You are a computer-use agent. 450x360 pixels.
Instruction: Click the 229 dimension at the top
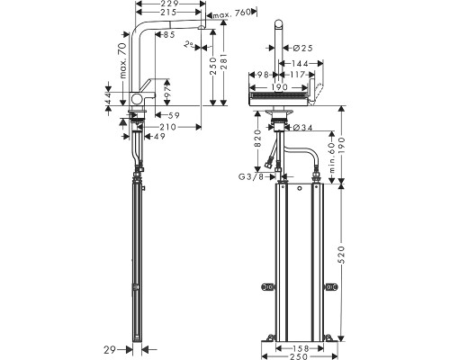tap(169, 4)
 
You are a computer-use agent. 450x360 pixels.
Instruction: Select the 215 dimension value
tap(168, 13)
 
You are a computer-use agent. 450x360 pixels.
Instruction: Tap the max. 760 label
tap(231, 13)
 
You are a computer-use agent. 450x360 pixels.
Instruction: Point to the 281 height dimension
tap(224, 62)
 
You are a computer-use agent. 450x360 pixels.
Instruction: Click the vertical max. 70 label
tap(123, 60)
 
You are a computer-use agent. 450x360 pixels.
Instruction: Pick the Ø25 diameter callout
tap(302, 48)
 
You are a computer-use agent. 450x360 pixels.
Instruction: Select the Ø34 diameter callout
tap(302, 128)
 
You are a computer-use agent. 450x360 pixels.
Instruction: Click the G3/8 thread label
tap(251, 177)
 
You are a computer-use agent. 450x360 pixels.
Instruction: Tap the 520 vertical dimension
tap(342, 255)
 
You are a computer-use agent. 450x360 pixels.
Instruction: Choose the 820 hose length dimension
tap(258, 139)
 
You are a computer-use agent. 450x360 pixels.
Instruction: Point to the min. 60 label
tap(332, 157)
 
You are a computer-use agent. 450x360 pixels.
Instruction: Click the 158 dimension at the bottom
tap(300, 348)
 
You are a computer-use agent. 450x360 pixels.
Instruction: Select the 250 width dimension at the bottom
tap(300, 356)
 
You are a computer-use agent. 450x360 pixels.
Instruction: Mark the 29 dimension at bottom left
tap(110, 349)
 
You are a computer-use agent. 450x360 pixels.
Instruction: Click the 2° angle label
tap(189, 45)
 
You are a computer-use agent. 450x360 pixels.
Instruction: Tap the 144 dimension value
tap(300, 64)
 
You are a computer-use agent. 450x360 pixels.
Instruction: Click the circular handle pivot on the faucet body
tap(138, 98)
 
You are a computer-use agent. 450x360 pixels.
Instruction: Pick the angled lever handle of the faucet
tap(146, 86)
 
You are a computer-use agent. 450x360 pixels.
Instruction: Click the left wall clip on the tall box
tap(267, 287)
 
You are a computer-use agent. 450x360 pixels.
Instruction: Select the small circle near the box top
tap(299, 189)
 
